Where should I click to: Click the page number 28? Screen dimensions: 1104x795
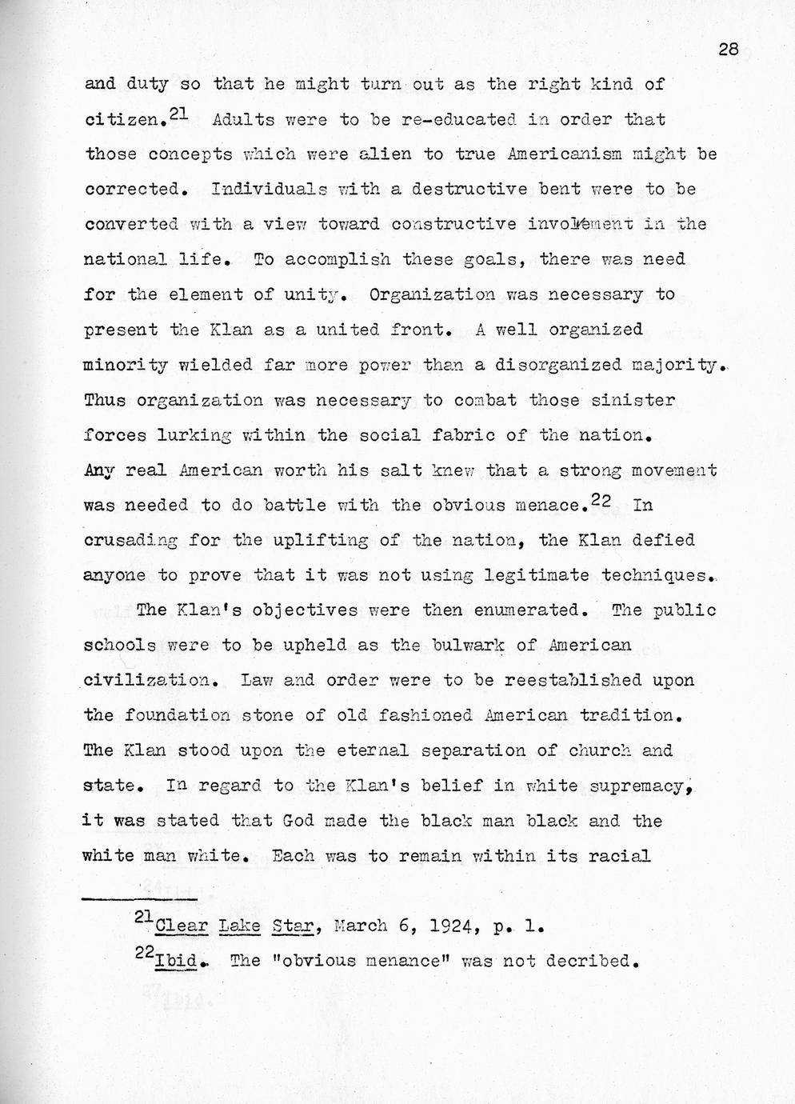pyautogui.click(x=727, y=50)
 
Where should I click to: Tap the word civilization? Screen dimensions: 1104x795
pyautogui.click(x=147, y=681)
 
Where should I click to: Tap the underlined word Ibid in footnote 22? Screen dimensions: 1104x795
pyautogui.click(x=178, y=961)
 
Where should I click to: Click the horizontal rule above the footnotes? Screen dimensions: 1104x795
pyautogui.click(x=140, y=898)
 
